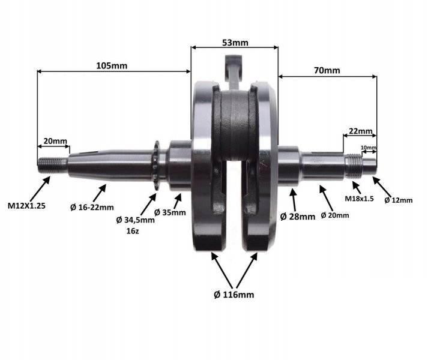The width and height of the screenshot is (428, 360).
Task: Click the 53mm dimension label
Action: pyautogui.click(x=235, y=43)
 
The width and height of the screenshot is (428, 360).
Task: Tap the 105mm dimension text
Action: pyautogui.click(x=112, y=66)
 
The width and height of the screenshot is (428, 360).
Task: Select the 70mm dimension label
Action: pyautogui.click(x=327, y=70)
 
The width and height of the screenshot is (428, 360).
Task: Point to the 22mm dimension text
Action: pyautogui.click(x=361, y=131)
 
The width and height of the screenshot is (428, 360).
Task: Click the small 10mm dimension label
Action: pyautogui.click(x=369, y=148)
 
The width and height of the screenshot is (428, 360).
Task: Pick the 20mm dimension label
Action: pyautogui.click(x=55, y=141)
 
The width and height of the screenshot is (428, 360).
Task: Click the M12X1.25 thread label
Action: pyautogui.click(x=26, y=206)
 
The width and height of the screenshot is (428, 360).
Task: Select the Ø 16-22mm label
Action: pyautogui.click(x=92, y=208)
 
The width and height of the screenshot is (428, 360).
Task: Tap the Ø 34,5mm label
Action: pyautogui.click(x=136, y=220)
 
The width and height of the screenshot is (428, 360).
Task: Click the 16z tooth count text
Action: pyautogui.click(x=133, y=231)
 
